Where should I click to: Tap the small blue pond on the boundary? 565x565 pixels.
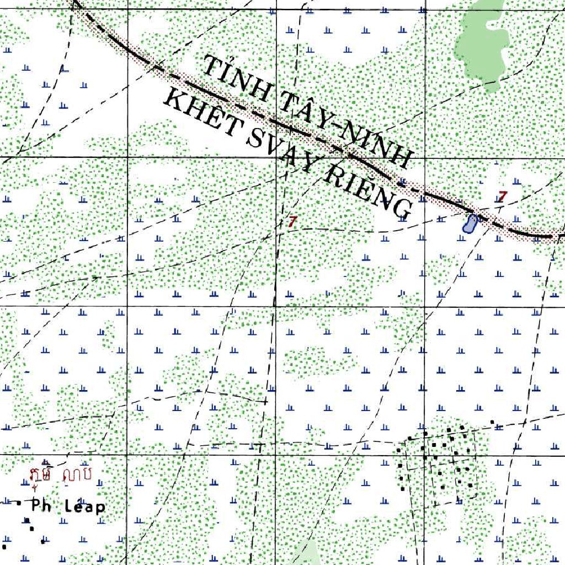tap(470, 224)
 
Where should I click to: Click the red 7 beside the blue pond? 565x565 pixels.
tap(502, 196)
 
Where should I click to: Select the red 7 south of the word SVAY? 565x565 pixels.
tap(292, 222)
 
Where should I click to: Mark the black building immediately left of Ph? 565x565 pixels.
tap(19, 503)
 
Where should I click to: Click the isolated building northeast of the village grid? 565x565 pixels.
tap(493, 423)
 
